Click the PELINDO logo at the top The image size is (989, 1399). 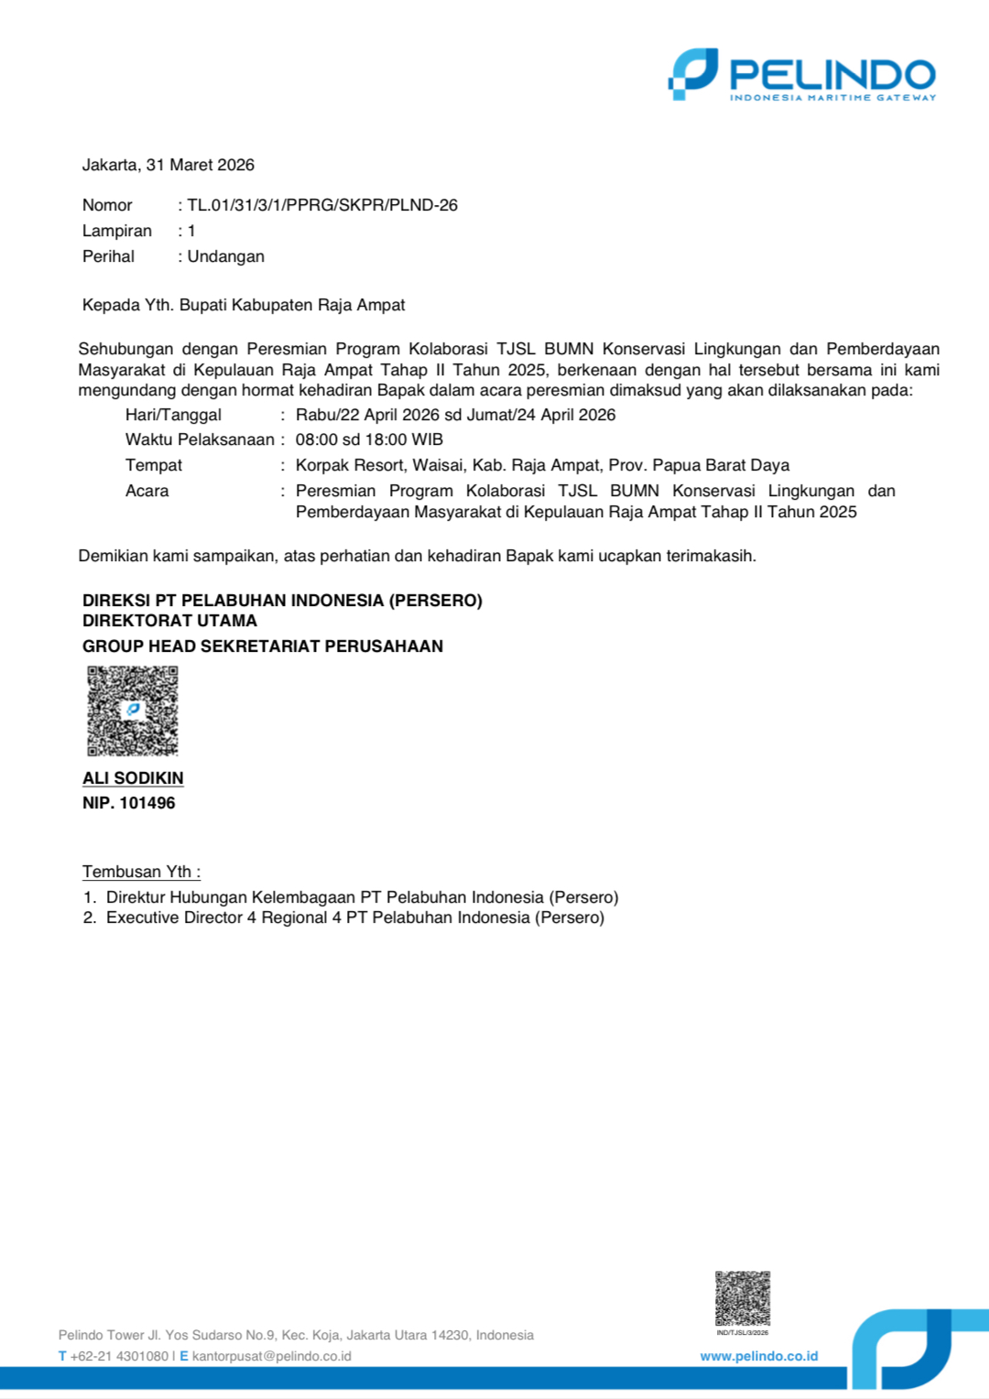point(802,74)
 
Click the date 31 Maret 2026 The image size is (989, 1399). point(200,165)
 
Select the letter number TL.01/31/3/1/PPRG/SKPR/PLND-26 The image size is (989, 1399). point(322,205)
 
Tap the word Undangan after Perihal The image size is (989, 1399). point(225,256)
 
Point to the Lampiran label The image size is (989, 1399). point(116,231)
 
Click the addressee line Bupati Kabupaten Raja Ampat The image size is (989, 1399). point(291,305)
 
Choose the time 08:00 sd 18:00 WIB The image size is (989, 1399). point(369,439)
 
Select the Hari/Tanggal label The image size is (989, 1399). point(173,415)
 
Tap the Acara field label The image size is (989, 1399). point(147,491)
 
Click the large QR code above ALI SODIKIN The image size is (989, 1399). point(132,710)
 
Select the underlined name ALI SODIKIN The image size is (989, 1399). point(133,778)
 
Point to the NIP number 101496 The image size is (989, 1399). point(147,803)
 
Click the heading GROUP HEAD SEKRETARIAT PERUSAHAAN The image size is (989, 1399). point(263,646)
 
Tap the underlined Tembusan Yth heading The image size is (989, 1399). point(141,872)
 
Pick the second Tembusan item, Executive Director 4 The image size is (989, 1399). point(354,917)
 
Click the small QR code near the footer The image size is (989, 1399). point(742,1297)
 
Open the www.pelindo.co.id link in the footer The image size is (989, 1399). point(758,1356)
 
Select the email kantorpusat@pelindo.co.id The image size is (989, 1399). point(271,1356)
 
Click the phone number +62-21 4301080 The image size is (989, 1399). point(119,1356)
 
